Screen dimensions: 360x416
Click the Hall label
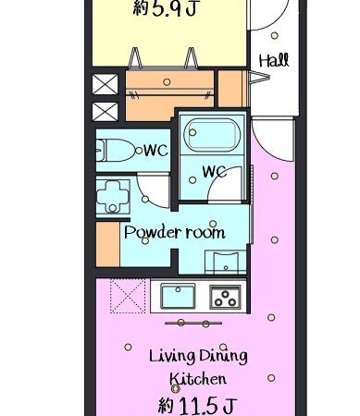pyautogui.click(x=274, y=60)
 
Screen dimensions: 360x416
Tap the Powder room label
pyautogui.click(x=174, y=232)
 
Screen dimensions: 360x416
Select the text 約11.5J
pyautogui.click(x=197, y=405)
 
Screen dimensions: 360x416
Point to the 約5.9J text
pyautogui.click(x=165, y=7)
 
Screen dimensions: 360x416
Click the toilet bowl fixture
pyautogui.click(x=116, y=151)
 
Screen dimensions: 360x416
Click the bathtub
pyautogui.click(x=212, y=135)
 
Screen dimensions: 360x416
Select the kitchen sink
pyautogui.click(x=178, y=296)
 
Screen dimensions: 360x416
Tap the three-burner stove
pyautogui.click(x=225, y=296)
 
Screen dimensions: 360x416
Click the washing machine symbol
pyautogui.click(x=113, y=197)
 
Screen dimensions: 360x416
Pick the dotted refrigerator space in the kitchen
pyautogui.click(x=128, y=296)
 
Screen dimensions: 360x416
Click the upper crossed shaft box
pyautogui.click(x=105, y=84)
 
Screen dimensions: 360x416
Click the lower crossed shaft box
pyautogui.click(x=105, y=112)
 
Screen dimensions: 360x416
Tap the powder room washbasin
pyautogui.click(x=226, y=263)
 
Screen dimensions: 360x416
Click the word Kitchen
pyautogui.click(x=198, y=379)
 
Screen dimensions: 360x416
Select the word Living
pyautogui.click(x=172, y=356)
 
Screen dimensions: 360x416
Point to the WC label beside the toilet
pyautogui.click(x=156, y=151)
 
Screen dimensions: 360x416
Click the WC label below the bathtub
pyautogui.click(x=214, y=172)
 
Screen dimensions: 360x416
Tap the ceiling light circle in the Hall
pyautogui.click(x=274, y=35)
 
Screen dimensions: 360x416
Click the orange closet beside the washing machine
pyautogui.click(x=107, y=244)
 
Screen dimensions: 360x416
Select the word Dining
pyautogui.click(x=223, y=356)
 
